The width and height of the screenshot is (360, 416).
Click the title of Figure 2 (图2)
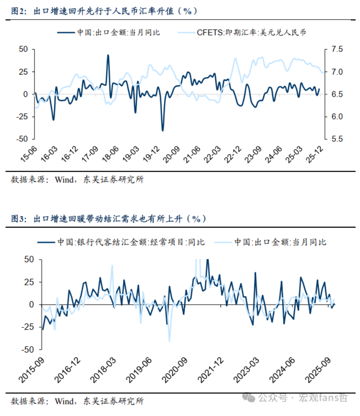(104, 11)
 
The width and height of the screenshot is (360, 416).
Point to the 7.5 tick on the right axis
(337, 49)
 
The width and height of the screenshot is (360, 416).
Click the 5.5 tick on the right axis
(337, 139)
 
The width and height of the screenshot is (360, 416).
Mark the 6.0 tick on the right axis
(337, 116)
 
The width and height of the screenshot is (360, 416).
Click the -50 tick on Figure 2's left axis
(23, 139)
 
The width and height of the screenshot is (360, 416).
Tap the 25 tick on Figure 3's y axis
(29, 282)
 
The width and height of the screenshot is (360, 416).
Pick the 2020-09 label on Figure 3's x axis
(174, 370)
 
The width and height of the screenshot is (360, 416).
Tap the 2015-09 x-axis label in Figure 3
(32, 370)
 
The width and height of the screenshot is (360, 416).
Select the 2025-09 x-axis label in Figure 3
(318, 370)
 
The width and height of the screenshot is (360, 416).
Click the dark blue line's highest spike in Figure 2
(108, 55)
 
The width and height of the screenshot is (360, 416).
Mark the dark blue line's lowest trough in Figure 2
(163, 130)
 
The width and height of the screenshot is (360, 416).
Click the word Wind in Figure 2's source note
(64, 180)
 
